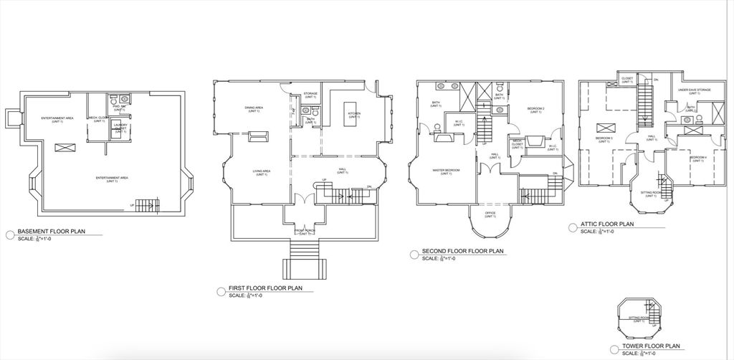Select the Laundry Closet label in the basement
pyautogui.click(x=120, y=128)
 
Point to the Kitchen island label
pyautogui.click(x=353, y=114)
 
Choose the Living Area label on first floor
pyautogui.click(x=261, y=172)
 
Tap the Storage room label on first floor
pyautogui.click(x=310, y=94)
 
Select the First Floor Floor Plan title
pyautogui.click(x=265, y=288)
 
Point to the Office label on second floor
pyautogui.click(x=490, y=214)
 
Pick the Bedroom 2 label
pyautogui.click(x=536, y=110)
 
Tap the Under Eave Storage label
pyautogui.click(x=694, y=91)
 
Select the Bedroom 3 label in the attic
pyautogui.click(x=604, y=138)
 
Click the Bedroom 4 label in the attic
pyautogui.click(x=698, y=158)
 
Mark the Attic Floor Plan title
pyautogui.click(x=606, y=224)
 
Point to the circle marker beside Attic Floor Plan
pyautogui.click(x=572, y=228)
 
